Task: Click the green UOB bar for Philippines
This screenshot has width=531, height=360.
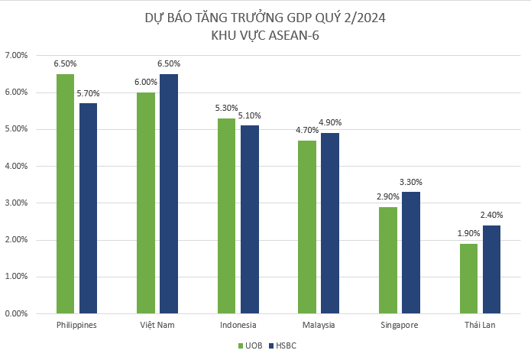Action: click(65, 193)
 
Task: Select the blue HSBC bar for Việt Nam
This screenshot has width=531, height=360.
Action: click(169, 193)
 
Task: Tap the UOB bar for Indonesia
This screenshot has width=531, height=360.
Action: click(227, 216)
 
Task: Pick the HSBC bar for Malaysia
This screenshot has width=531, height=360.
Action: click(330, 222)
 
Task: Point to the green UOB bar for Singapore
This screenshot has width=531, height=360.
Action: click(388, 260)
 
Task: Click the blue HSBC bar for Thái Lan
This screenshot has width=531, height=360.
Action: click(491, 269)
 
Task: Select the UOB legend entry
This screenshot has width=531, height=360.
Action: click(248, 345)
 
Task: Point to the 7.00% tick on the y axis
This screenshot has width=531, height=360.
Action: click(16, 56)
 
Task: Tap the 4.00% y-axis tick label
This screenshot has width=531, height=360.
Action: click(16, 166)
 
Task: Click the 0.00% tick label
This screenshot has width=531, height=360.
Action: click(16, 313)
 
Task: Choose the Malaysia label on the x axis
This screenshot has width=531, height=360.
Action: click(319, 326)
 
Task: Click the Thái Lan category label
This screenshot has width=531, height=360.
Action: click(480, 326)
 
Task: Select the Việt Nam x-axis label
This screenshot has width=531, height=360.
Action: click(157, 326)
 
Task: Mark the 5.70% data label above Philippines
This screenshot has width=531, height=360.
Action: click(88, 93)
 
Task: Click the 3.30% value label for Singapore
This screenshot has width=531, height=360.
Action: click(410, 182)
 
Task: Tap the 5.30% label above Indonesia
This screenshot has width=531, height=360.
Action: click(226, 109)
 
